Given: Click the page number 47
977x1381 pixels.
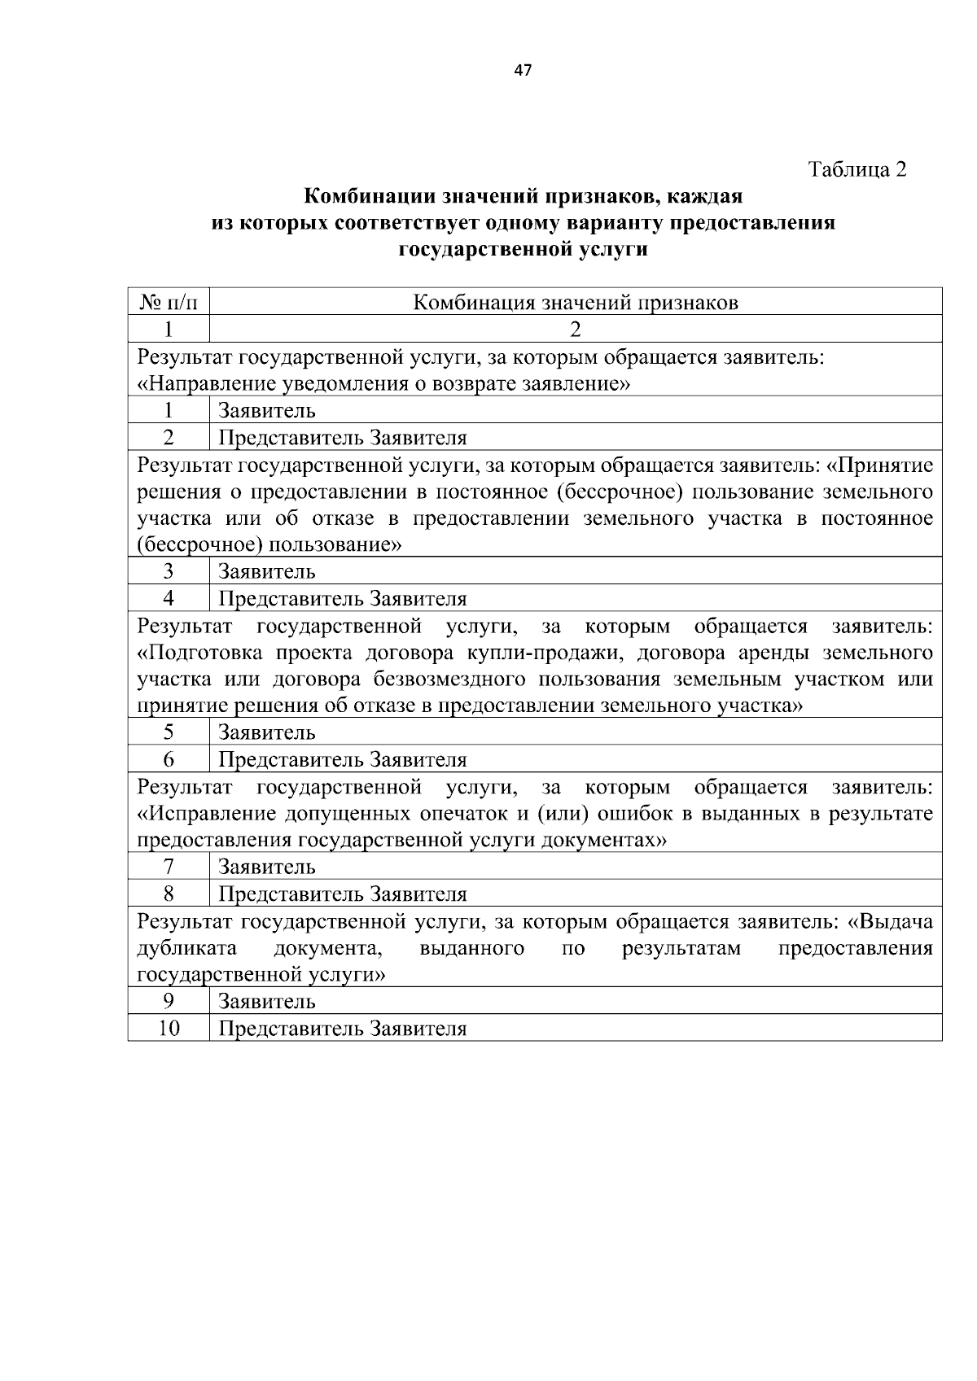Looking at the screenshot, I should [523, 71].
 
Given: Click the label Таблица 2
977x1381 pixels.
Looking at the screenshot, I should [857, 169].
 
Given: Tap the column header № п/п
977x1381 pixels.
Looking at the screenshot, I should [169, 303].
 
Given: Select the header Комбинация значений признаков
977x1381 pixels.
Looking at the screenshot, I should [576, 303].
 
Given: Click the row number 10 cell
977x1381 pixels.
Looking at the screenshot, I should [169, 1028].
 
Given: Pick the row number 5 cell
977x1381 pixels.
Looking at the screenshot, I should [169, 732].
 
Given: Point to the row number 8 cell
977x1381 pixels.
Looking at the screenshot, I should [169, 894].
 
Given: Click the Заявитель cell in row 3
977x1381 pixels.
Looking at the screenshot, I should [267, 571].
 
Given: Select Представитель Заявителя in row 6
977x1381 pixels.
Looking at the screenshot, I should [343, 759].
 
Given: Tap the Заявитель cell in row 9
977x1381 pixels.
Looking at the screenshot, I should [267, 1001].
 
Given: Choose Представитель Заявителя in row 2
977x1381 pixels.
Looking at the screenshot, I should [343, 437].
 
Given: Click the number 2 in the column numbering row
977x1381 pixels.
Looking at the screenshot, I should [576, 330].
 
